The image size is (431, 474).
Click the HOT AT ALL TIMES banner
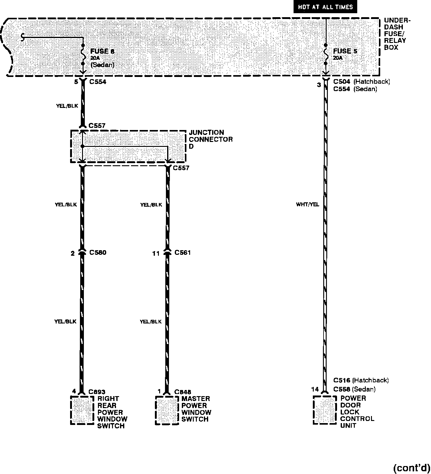click(325, 7)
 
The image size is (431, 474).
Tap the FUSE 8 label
click(102, 52)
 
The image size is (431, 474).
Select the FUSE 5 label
click(345, 51)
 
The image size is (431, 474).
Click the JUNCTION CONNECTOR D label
click(211, 139)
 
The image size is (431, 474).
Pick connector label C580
click(98, 253)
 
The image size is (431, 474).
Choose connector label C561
click(182, 253)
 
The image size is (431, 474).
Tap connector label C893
click(97, 392)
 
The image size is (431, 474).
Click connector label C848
click(183, 392)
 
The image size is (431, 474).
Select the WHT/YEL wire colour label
click(307, 205)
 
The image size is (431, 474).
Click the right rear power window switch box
click(82, 410)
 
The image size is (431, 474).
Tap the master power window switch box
click(167, 410)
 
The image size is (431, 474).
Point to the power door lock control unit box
click(325, 410)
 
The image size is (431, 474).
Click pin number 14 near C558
click(315, 389)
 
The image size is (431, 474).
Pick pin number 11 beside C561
click(156, 254)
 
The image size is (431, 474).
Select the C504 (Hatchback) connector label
click(361, 82)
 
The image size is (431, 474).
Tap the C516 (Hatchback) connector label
click(361, 380)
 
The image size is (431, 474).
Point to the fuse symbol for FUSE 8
click(83, 54)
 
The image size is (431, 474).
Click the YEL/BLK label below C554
click(67, 106)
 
